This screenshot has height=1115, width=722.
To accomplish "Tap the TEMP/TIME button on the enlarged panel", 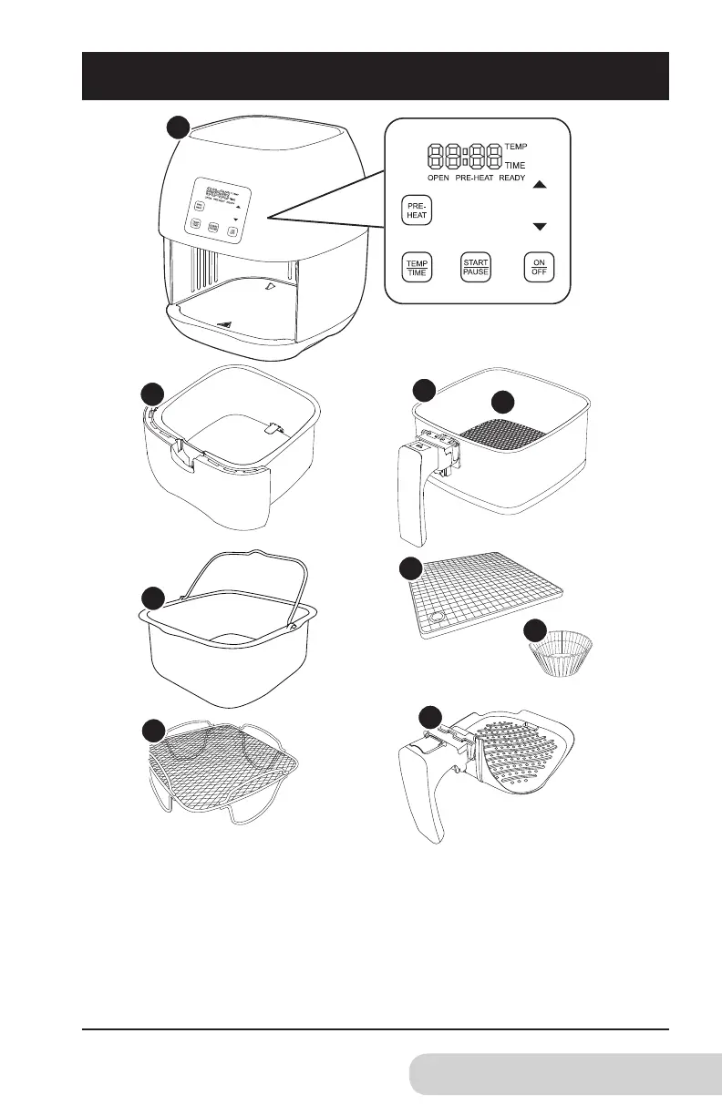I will [x=418, y=267].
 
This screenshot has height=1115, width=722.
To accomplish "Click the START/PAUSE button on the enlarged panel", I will [x=476, y=267].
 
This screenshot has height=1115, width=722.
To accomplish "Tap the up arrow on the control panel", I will [x=539, y=185].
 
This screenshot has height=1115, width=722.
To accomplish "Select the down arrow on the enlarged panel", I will [x=539, y=226].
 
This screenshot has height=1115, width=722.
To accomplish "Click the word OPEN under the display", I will [x=443, y=178].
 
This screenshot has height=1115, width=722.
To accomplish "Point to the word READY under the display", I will [x=511, y=178].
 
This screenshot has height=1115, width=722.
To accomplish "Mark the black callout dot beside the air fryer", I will [x=176, y=128].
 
